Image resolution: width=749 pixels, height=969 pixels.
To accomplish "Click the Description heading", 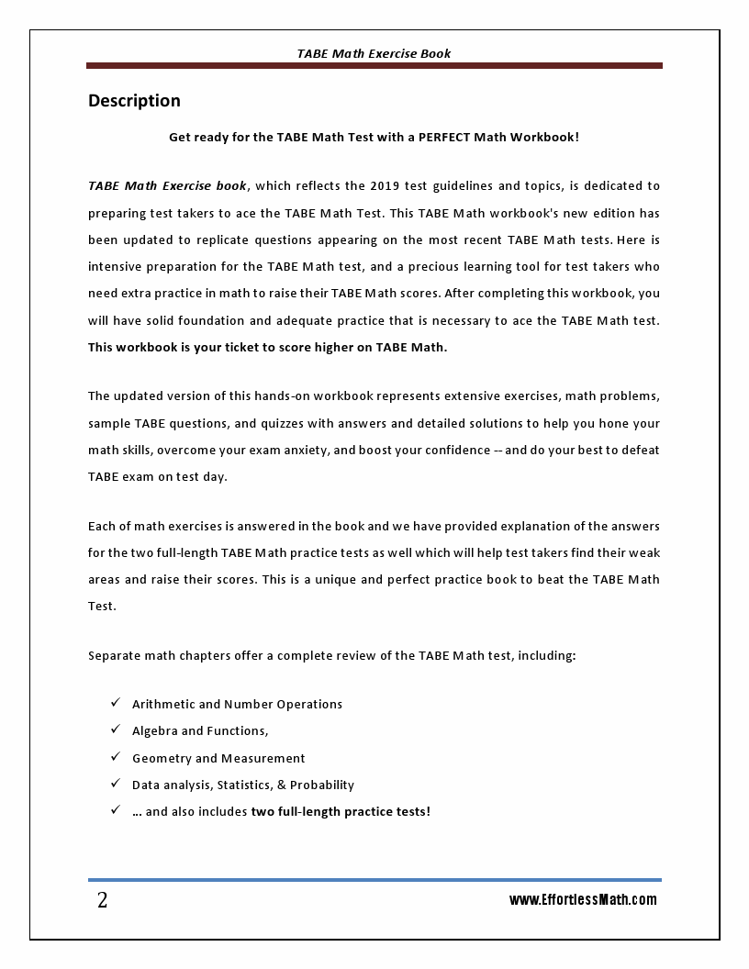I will point(134,101).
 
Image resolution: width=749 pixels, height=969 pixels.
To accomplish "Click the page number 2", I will point(102,900).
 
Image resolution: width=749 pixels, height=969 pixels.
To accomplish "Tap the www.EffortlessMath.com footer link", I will point(583,900).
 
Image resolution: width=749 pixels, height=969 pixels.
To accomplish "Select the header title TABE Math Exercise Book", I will point(374,53).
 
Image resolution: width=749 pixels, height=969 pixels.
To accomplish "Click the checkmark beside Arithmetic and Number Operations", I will point(116,703).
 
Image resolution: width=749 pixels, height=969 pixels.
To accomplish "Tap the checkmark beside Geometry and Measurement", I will point(116,757).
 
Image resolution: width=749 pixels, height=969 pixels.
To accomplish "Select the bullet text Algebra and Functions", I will point(200,731).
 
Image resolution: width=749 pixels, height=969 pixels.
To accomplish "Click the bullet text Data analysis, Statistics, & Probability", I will point(243,785).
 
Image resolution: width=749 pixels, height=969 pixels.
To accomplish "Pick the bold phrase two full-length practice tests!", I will point(341,812).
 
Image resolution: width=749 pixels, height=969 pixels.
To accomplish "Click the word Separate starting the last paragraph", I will point(116,656).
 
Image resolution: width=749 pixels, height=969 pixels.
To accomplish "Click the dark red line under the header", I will point(374,66).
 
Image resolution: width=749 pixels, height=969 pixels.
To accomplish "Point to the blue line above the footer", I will point(374,879).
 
